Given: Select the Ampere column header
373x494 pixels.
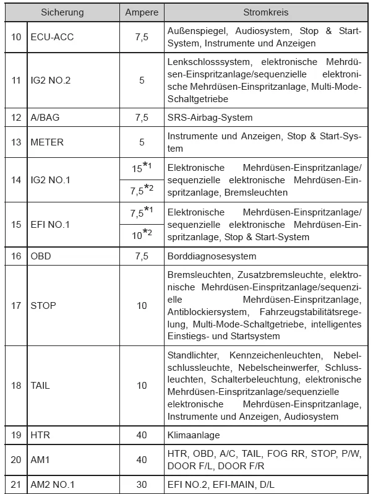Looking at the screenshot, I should coord(142,12).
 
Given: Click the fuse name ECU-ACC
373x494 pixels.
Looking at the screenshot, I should coord(52,37).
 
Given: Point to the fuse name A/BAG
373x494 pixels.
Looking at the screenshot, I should coord(45,117).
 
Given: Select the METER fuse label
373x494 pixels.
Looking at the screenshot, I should coord(47,142).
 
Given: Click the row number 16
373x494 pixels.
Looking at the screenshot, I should coord(16,256).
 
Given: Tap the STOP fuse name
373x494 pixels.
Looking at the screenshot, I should coord(43,305).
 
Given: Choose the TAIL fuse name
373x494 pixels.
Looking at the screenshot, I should coord(41,386).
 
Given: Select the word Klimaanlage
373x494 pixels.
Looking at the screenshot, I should coord(194,435).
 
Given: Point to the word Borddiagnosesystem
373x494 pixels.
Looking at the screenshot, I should coord(212,256).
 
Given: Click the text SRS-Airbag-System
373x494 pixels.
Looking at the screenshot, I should coord(210,117).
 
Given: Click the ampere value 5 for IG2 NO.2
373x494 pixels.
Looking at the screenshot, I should coord(142,80).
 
